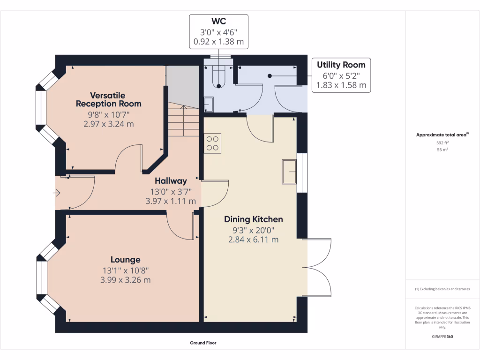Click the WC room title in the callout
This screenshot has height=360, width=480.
(x=218, y=21)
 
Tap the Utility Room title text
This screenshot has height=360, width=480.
(x=341, y=65)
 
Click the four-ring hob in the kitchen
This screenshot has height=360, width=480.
(x=212, y=143)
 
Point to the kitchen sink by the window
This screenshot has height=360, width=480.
(x=289, y=172)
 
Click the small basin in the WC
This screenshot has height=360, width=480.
(x=209, y=105)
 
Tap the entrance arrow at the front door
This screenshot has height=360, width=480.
(x=57, y=193)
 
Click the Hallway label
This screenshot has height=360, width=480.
(x=171, y=181)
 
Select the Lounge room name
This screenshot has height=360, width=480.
(x=126, y=260)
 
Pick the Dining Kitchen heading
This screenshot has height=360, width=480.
(x=254, y=219)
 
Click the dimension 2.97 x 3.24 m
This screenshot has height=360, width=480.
(x=109, y=124)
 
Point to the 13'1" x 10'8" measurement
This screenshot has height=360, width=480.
(x=126, y=270)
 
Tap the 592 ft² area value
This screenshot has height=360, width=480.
(x=442, y=142)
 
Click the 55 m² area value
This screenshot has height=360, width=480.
(x=442, y=150)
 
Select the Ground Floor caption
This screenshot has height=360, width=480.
(x=203, y=343)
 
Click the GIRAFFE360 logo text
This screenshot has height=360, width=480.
(x=442, y=337)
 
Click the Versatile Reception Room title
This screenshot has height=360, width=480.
(x=109, y=99)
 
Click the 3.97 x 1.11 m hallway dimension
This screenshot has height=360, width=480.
(x=171, y=201)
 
